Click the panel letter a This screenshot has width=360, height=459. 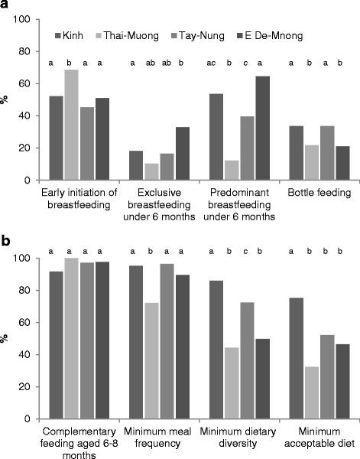[6, 7]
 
